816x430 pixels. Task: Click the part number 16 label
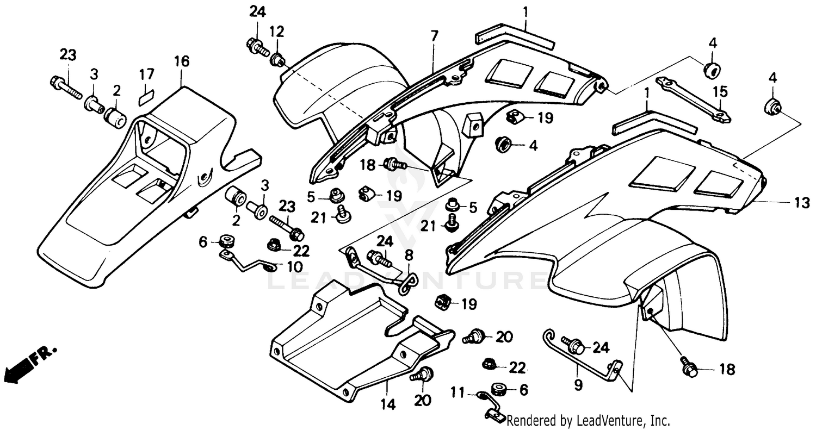click(182, 61)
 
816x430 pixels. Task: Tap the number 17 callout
click(146, 74)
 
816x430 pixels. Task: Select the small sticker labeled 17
click(145, 97)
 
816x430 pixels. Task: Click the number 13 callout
click(802, 202)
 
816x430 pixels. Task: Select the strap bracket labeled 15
click(693, 98)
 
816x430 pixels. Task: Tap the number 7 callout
click(434, 37)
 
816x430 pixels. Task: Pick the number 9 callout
click(578, 385)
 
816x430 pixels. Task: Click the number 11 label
click(459, 391)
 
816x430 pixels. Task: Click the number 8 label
click(409, 254)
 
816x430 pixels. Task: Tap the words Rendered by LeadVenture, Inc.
click(588, 421)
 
